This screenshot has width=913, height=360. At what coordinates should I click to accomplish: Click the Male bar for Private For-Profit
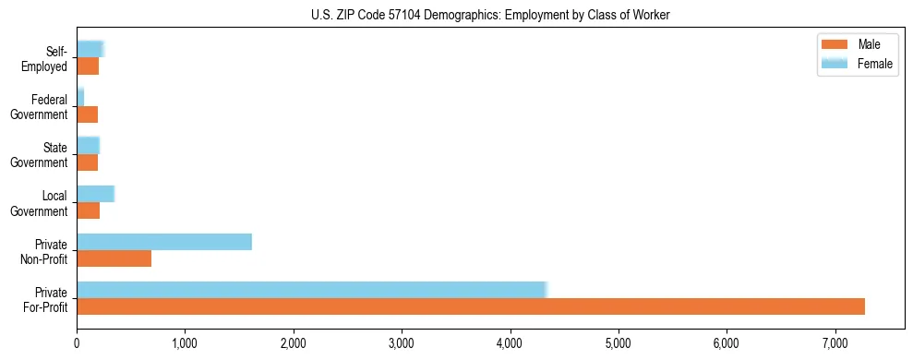pyautogui.click(x=471, y=306)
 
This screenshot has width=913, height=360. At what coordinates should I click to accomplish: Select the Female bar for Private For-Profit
pyautogui.click(x=312, y=290)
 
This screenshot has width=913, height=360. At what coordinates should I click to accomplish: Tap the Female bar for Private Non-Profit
pyautogui.click(x=164, y=242)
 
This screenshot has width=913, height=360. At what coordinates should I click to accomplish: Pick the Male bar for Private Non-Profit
pyautogui.click(x=114, y=258)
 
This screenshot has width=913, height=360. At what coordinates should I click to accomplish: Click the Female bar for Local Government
pyautogui.click(x=95, y=194)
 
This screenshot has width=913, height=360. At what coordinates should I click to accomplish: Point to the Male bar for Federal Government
pyautogui.click(x=87, y=114)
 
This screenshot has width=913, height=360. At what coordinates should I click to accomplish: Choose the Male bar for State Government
pyautogui.click(x=87, y=162)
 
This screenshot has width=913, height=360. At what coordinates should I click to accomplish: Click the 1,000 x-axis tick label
pyautogui.click(x=185, y=343)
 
